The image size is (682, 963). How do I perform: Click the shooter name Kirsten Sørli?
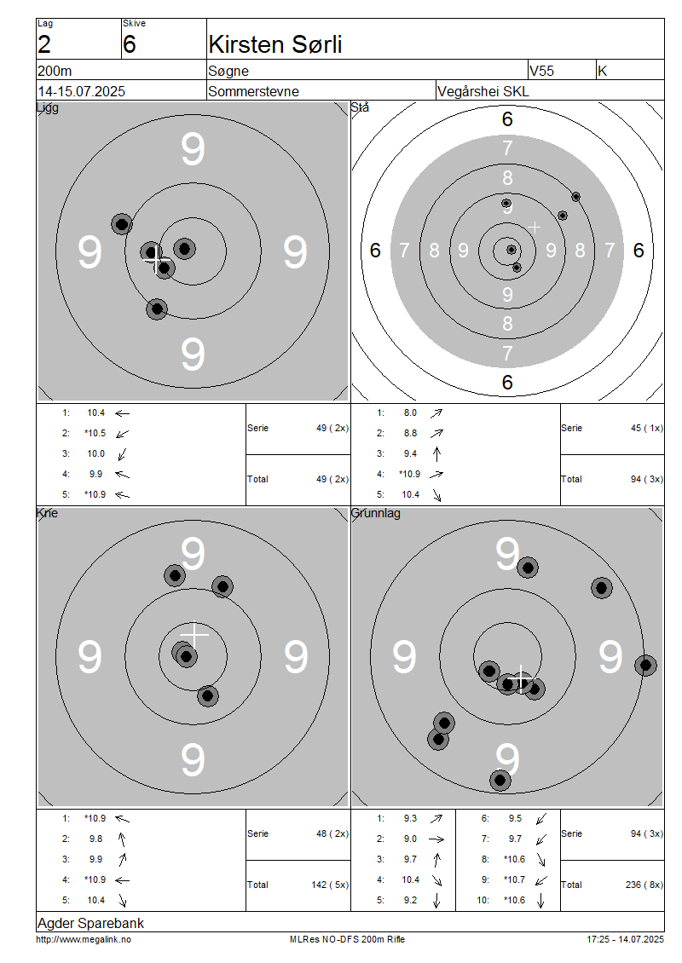pos(275,44)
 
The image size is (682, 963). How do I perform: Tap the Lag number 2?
pos(44,45)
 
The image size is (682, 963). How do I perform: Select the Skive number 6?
pos(129,45)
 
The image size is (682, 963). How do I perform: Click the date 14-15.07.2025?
pos(81,91)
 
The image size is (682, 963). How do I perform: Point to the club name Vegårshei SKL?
pos(483,91)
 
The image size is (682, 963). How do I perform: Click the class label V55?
pos(541,71)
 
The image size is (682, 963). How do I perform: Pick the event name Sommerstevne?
pos(254,91)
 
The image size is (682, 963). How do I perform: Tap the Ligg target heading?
pos(48,108)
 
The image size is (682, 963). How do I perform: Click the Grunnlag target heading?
pos(375,513)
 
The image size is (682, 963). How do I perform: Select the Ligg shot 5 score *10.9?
pos(95,494)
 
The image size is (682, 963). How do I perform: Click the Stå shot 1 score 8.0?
pos(410,412)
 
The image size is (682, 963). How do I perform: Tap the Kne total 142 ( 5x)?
pos(330,885)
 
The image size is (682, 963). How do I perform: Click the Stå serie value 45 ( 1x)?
pos(647,428)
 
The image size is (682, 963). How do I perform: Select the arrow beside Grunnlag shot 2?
pos(436,839)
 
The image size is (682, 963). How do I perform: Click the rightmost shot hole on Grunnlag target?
pos(645,665)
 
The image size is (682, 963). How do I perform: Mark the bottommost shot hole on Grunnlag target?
pos(500,781)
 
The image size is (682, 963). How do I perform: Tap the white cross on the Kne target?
pos(194,634)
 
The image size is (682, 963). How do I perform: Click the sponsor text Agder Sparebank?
pos(91,923)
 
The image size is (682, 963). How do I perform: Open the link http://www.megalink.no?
pos(84,939)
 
